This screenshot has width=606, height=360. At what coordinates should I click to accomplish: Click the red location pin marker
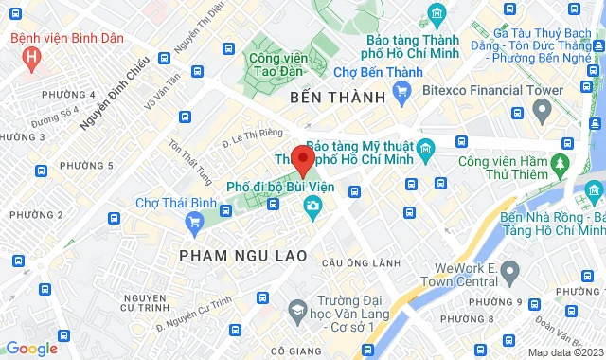click(302, 159)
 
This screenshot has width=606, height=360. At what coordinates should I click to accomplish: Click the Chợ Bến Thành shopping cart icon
click(401, 91)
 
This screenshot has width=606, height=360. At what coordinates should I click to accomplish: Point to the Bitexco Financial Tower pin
click(542, 112)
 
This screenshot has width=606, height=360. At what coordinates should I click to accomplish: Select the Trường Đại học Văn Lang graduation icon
click(297, 311)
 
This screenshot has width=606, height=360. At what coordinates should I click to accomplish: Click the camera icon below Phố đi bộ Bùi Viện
click(312, 205)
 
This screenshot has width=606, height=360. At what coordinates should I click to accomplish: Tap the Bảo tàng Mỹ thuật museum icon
click(425, 148)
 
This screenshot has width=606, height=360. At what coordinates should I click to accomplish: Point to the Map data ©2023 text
click(564, 352)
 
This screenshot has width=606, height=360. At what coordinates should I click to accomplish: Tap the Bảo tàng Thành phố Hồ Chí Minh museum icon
click(437, 15)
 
